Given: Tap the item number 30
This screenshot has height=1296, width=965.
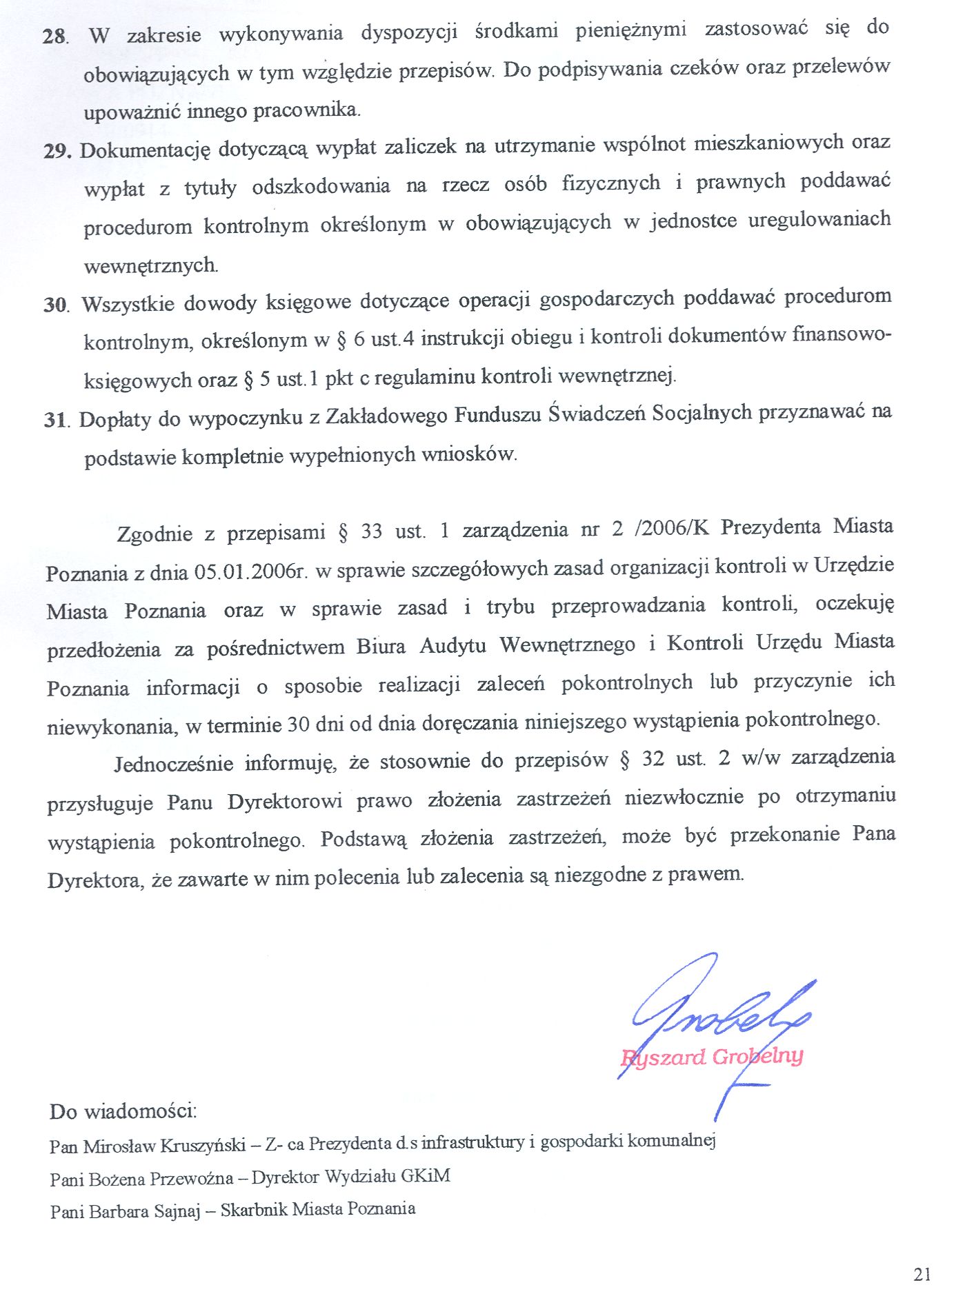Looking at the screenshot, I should point(56,304).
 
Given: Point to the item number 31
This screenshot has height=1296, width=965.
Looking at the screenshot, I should point(56,419).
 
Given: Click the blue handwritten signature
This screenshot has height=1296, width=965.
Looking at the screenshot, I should point(717,1013).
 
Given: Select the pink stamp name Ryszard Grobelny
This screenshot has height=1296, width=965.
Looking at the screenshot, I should point(712,1057).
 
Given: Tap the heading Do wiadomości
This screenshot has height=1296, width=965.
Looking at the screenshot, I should point(123,1111).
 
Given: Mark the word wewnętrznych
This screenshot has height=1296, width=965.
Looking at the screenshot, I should point(150,265).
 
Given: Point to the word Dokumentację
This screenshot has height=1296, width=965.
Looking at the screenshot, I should point(145,150).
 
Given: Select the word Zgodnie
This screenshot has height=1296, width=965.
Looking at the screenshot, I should point(155,534).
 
